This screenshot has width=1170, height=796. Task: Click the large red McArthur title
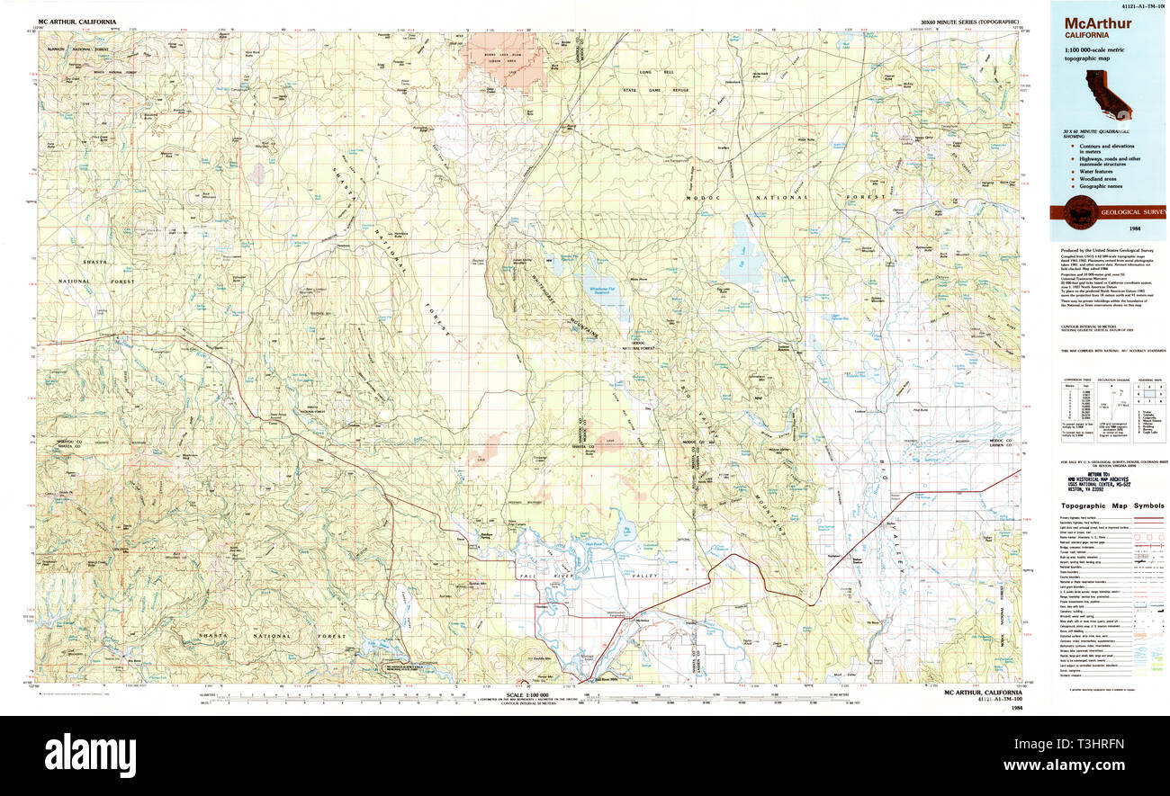(x=1098, y=23)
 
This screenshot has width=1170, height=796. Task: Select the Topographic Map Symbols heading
(x=1111, y=506)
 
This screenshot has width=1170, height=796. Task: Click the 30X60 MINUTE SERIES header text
(x=968, y=20)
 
